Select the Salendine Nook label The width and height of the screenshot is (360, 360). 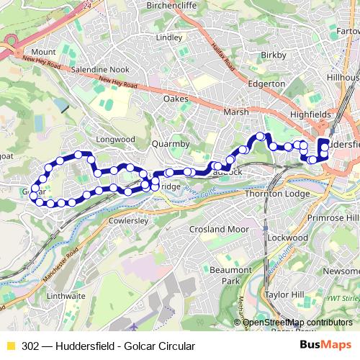click(x=101, y=70)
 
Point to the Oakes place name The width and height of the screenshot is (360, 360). click(x=176, y=99)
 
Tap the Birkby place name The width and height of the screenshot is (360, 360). click(x=274, y=55)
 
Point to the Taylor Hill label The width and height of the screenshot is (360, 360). click(x=286, y=295)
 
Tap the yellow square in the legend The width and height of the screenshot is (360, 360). click(x=9, y=346)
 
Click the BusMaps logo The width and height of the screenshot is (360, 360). click(x=325, y=346)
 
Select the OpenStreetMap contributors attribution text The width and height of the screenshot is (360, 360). click(x=299, y=323)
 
